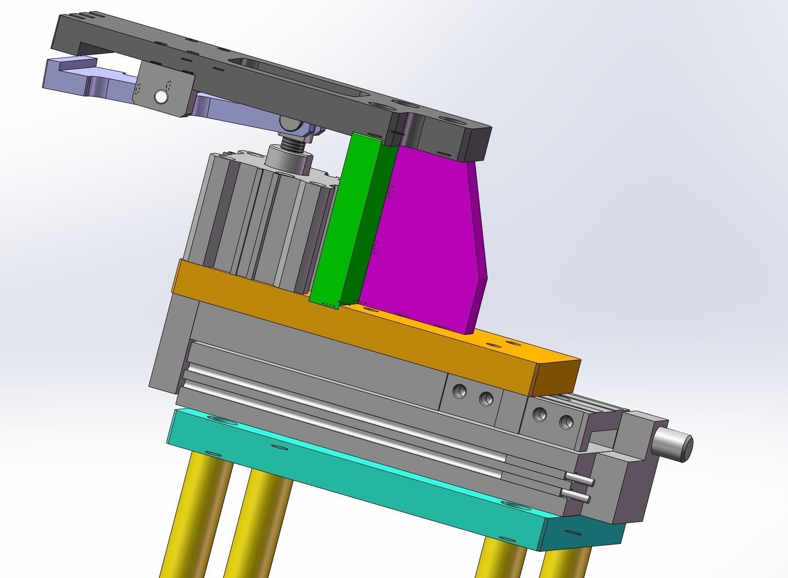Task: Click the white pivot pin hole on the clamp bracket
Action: tap(161, 97)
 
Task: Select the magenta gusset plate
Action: tap(423, 238)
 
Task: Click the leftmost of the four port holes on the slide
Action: tap(459, 391)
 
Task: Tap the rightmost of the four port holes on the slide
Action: tap(566, 422)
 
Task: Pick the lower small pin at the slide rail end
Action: tap(577, 497)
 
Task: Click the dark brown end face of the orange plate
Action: tap(557, 377)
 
